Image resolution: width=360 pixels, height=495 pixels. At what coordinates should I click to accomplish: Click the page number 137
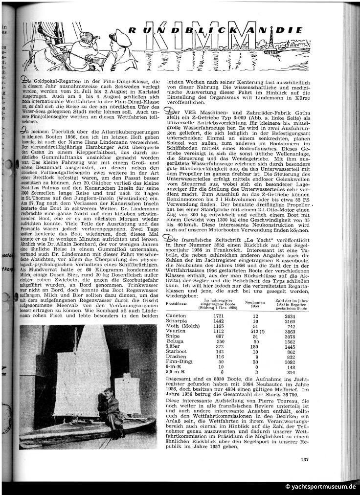(304, 459)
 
